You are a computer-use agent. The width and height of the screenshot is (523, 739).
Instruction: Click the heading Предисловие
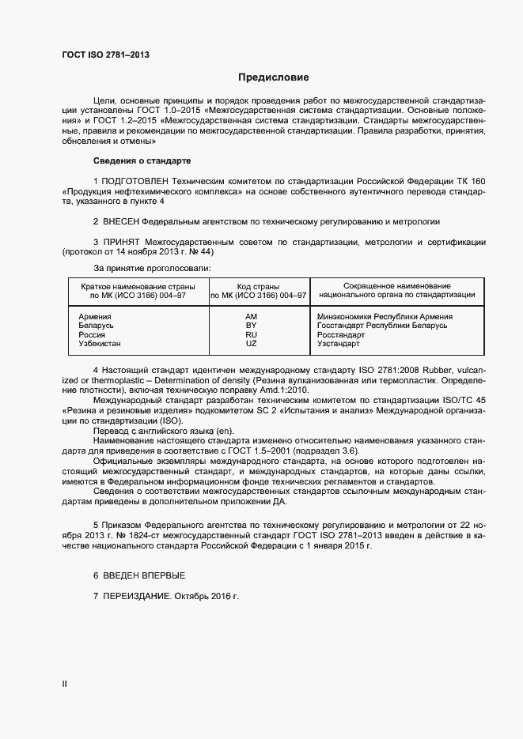(274, 77)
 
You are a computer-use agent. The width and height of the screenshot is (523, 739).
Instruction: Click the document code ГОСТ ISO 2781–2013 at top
(105, 55)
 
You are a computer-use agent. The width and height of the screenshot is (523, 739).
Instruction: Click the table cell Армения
(95, 315)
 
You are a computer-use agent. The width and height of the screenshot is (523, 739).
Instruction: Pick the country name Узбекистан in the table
(100, 344)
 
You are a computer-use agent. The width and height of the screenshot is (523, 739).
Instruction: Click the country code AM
(252, 315)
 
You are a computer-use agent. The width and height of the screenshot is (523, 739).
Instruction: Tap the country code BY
(252, 325)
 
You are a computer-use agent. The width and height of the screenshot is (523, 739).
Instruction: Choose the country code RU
(252, 334)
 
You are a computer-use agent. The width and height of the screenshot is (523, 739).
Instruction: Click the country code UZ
(252, 344)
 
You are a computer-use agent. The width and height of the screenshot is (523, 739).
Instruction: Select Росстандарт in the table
(341, 334)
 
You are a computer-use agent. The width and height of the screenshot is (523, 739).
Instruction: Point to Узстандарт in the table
(339, 344)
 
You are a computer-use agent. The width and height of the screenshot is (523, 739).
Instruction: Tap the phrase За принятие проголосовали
(153, 269)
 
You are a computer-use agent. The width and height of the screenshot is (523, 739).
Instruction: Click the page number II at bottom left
(64, 684)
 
